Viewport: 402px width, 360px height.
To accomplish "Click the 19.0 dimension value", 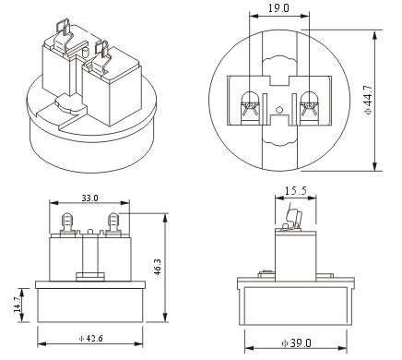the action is (x=278, y=8).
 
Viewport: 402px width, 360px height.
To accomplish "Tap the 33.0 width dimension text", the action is (x=89, y=198).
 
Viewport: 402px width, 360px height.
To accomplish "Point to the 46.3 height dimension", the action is (x=157, y=267).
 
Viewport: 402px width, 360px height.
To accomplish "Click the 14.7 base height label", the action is (x=18, y=305).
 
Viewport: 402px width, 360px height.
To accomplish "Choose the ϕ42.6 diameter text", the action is (x=91, y=339).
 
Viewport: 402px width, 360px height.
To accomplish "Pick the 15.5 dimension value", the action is (x=296, y=191).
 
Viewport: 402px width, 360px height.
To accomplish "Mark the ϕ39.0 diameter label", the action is (x=297, y=342).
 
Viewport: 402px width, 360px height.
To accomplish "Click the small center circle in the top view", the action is (x=279, y=110).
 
